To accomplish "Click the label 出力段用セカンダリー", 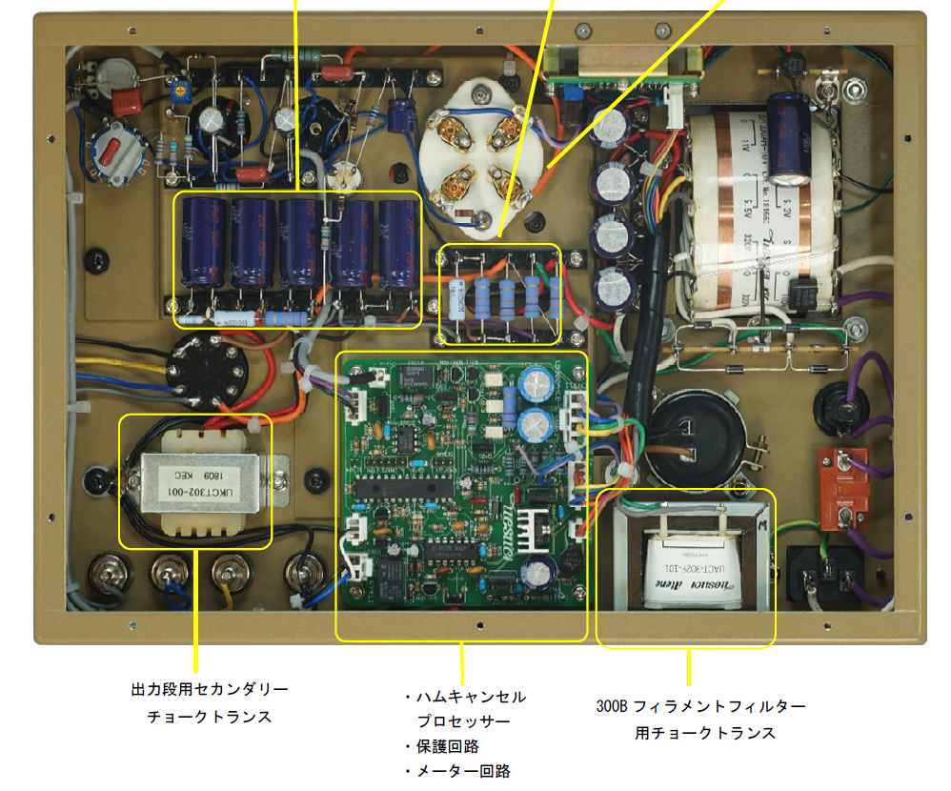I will point(210,689).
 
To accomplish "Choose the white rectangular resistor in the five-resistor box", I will point(455,304).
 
